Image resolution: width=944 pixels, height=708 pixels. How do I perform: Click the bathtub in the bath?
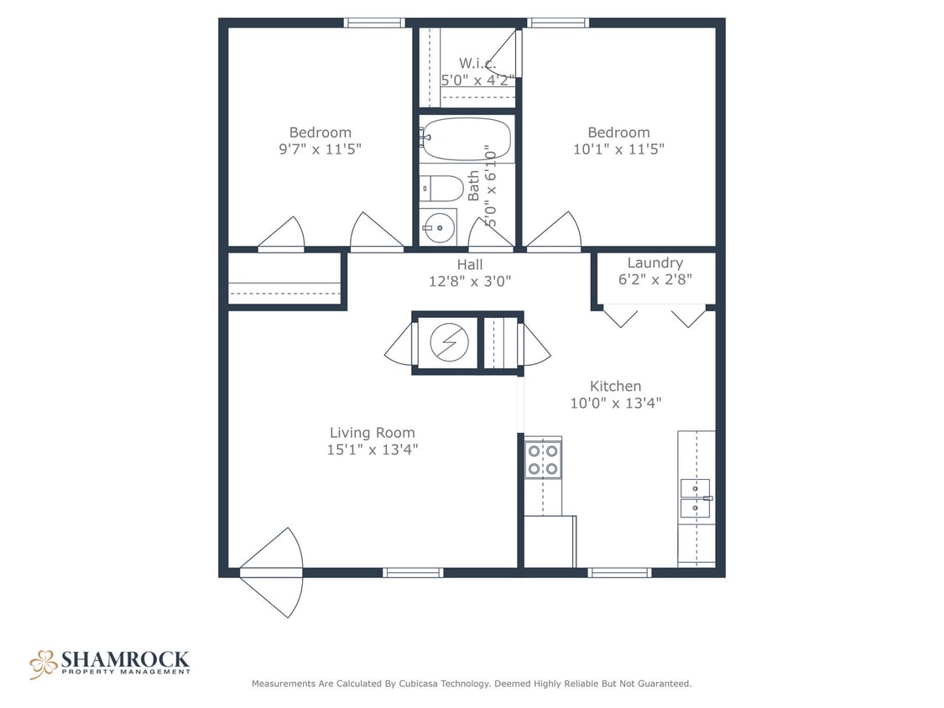(467, 139)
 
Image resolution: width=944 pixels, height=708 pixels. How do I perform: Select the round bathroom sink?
(437, 226)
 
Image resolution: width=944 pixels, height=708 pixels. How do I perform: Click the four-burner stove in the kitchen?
(543, 460)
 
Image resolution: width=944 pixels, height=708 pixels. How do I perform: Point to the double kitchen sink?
(695, 498)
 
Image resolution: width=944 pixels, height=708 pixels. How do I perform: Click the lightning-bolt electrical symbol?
(446, 341)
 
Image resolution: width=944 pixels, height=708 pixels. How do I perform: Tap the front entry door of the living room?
(271, 572)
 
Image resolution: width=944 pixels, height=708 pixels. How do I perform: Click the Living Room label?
(372, 433)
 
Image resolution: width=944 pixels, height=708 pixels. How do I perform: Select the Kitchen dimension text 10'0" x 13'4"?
(615, 403)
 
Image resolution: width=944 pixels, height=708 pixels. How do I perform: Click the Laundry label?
(655, 263)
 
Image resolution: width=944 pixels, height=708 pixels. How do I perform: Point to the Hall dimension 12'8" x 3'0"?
(469, 282)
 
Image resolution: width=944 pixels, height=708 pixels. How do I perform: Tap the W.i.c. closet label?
(477, 64)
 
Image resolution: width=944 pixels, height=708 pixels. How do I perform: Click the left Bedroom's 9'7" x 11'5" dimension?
(320, 149)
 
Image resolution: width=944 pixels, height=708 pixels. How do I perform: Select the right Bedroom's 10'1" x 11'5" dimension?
(618, 149)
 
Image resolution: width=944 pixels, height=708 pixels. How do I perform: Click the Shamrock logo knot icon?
(43, 664)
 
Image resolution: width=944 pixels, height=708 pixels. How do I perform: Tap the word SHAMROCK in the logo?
(125, 659)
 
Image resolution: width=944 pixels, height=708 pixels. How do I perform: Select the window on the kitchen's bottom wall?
(619, 573)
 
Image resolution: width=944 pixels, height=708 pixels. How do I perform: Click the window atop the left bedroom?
(374, 23)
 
